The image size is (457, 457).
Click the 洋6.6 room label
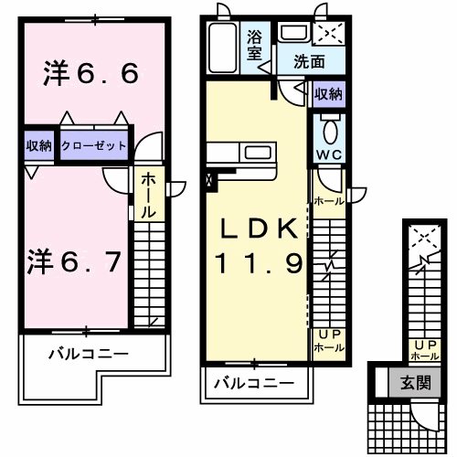click(x=90, y=74)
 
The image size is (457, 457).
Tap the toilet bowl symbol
click(x=329, y=126)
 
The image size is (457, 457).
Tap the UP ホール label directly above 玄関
click(x=426, y=350)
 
